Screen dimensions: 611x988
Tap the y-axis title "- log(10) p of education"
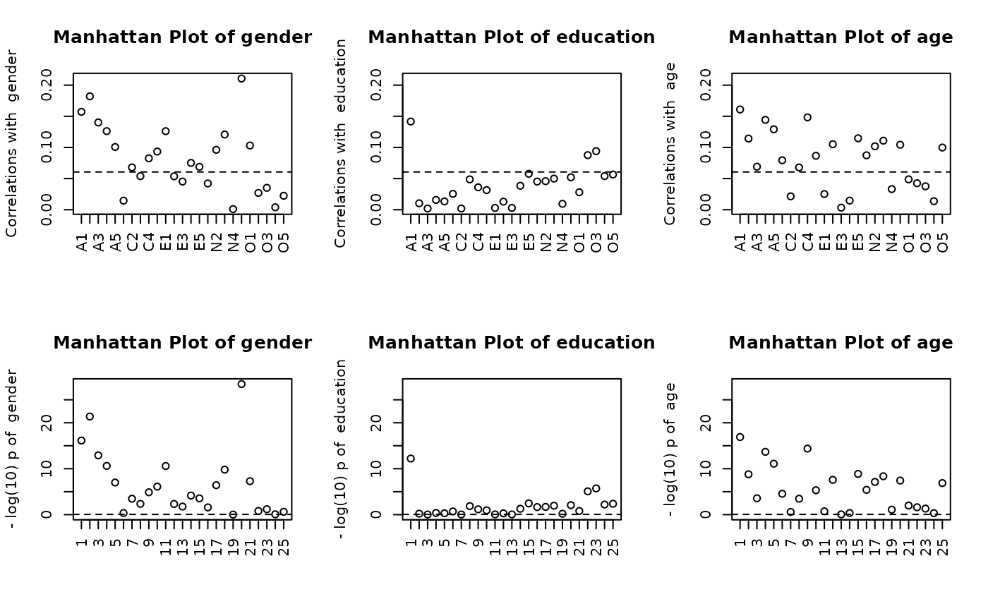342,449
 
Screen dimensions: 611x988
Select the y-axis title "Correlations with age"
670,144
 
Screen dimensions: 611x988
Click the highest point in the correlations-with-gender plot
241,78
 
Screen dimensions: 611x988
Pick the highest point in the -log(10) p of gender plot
241,384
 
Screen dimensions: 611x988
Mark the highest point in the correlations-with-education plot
411,121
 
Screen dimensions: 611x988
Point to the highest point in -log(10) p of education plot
411,459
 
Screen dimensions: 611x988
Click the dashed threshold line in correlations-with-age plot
841,171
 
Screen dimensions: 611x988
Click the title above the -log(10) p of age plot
841,343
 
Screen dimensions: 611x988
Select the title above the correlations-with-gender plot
182,37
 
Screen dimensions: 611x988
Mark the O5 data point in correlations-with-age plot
942,147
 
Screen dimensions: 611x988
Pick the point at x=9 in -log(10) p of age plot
807,449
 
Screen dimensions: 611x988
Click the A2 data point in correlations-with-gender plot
90,97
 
